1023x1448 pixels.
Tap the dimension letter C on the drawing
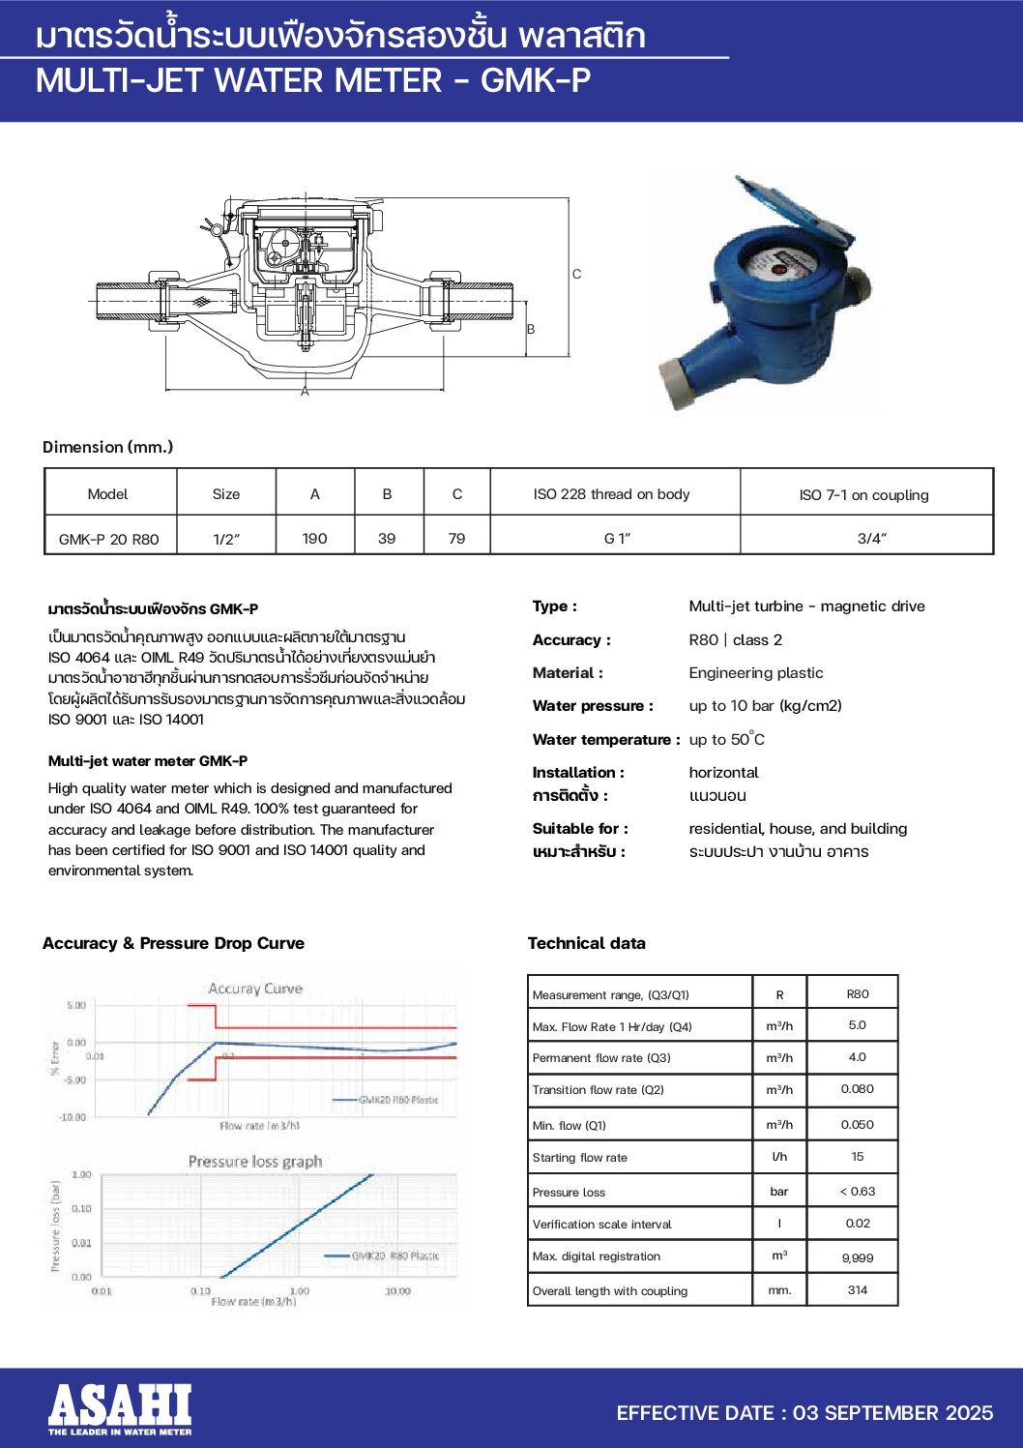pyautogui.click(x=576, y=275)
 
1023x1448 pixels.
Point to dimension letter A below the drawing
pyautogui.click(x=305, y=392)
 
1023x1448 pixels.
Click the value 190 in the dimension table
pyautogui.click(x=315, y=538)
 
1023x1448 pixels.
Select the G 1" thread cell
pyautogui.click(x=616, y=538)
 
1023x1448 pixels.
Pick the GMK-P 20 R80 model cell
pyautogui.click(x=108, y=539)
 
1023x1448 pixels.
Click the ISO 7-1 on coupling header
pyautogui.click(x=863, y=494)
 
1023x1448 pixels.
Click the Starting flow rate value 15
pyautogui.click(x=857, y=1157)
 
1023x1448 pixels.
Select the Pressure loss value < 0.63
pyautogui.click(x=857, y=1191)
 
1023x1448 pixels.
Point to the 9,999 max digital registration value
pyautogui.click(x=857, y=1257)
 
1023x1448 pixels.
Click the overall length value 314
pyautogui.click(x=857, y=1289)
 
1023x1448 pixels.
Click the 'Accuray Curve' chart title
pyautogui.click(x=255, y=989)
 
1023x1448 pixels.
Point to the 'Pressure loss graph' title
pyautogui.click(x=255, y=1161)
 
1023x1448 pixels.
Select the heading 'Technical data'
pyautogui.click(x=586, y=943)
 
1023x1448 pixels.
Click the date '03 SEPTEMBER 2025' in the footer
pyautogui.click(x=892, y=1413)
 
